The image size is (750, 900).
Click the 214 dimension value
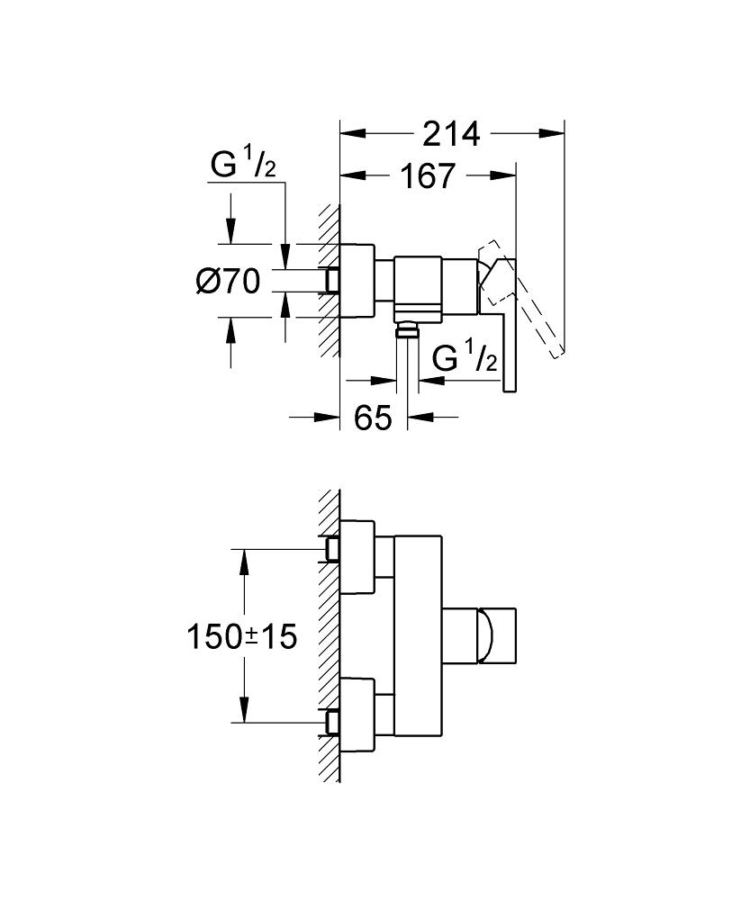pos(451,134)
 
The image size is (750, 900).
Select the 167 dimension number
pos(428,175)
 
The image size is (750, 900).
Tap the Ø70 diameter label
pos(228,282)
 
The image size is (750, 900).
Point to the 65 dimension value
pos(373,418)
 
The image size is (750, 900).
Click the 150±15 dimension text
pos(242,637)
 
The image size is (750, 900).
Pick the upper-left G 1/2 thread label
pos(243,165)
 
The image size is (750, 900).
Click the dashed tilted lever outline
pos(520,299)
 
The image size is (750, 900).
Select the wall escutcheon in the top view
pos(357,281)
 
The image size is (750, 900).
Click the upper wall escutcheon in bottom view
pos(357,557)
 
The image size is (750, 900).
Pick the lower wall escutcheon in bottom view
pos(357,715)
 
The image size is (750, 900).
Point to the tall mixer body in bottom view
pos(419,636)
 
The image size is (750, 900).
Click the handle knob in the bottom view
pos(497,636)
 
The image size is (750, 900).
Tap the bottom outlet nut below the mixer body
pos(407,328)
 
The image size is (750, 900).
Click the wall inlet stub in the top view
pos(332,281)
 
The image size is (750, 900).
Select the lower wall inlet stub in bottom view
pos(332,722)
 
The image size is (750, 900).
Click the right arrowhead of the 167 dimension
pos(503,175)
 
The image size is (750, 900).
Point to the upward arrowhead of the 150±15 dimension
pos(245,562)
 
